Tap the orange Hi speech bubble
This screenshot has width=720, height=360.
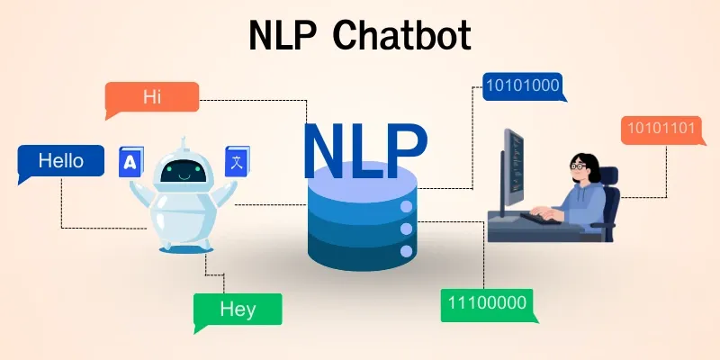(x=151, y=96)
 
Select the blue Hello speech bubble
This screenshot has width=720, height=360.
(x=60, y=161)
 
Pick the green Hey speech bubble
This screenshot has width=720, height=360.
(x=238, y=310)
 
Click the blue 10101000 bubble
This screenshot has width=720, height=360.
(x=522, y=86)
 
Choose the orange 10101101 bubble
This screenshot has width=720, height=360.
(x=661, y=129)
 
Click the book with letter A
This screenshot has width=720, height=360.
(x=131, y=163)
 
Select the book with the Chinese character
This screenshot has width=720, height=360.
(x=238, y=162)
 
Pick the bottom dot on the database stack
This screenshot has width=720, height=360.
(x=406, y=250)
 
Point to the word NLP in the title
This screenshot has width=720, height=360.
(x=280, y=37)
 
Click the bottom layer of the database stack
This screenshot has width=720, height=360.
(x=360, y=252)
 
